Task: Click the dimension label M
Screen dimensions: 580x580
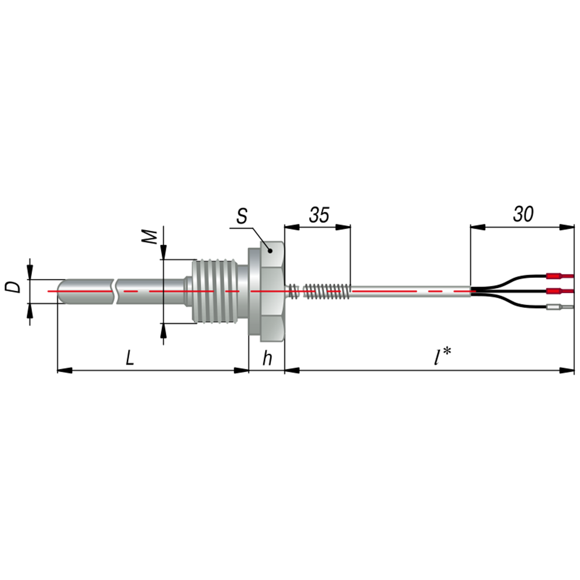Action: [x=150, y=237]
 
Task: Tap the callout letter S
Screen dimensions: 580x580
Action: [x=241, y=216]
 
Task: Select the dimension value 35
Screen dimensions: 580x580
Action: [x=319, y=215]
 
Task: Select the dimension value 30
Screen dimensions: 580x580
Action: [x=523, y=214]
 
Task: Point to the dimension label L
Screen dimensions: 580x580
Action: [x=129, y=358]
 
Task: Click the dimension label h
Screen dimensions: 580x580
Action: [x=267, y=358]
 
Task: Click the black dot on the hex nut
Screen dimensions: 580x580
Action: [x=270, y=251]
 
